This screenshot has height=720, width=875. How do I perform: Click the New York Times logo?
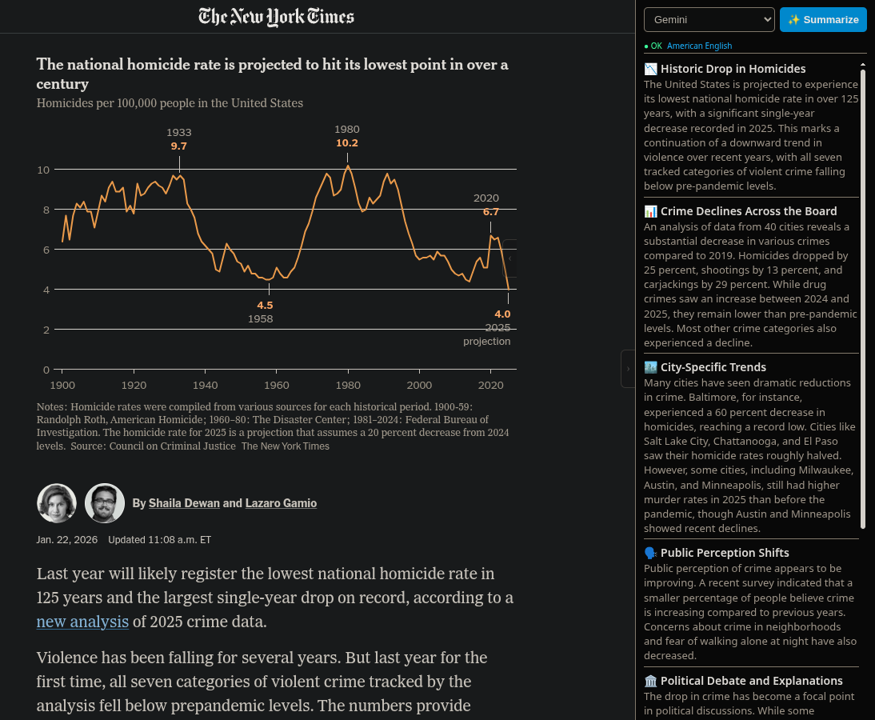[276, 17]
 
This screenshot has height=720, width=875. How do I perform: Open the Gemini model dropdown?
[709, 19]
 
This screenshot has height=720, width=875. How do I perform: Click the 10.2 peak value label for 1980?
[347, 143]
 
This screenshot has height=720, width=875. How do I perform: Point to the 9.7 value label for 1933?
[178, 146]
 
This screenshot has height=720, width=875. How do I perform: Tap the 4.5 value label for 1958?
[265, 305]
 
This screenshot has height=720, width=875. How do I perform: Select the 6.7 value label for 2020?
[490, 212]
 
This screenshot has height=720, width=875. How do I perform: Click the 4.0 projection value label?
[502, 314]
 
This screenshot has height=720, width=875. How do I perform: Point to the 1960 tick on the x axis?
[277, 384]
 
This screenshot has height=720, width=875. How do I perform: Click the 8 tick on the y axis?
[45, 210]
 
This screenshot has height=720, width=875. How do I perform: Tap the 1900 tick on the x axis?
[62, 384]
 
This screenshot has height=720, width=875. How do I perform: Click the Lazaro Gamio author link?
[281, 503]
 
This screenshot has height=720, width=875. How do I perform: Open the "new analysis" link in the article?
[82, 622]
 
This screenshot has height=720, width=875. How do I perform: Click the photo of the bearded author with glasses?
[105, 503]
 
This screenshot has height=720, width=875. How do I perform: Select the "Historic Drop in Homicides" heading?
[733, 69]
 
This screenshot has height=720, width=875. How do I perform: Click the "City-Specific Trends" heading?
[713, 367]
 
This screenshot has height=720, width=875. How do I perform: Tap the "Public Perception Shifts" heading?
[725, 553]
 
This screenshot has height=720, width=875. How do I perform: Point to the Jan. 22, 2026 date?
[67, 540]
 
